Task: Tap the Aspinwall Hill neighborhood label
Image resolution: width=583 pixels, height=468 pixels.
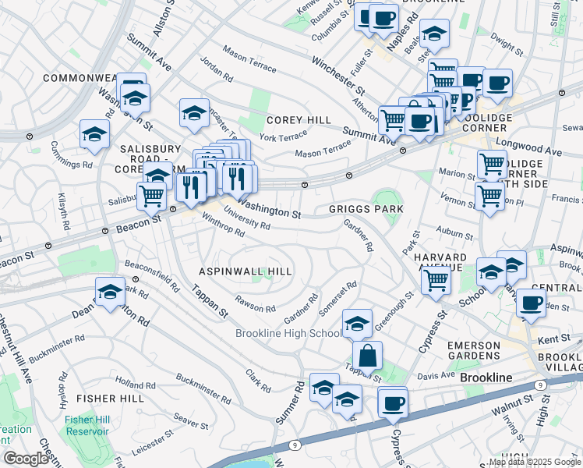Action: [245, 271]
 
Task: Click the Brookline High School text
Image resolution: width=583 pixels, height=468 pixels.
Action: [288, 333]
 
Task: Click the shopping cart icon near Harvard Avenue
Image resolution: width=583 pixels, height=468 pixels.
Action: [436, 279]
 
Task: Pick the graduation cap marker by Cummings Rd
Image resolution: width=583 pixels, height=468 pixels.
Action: [94, 133]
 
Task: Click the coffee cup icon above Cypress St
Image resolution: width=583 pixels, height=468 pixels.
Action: [393, 402]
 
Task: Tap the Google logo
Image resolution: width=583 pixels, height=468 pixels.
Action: [26, 459]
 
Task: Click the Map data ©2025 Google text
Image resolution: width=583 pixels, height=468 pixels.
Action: [534, 462]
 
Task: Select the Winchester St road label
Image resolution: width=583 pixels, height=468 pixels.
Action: [338, 73]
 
